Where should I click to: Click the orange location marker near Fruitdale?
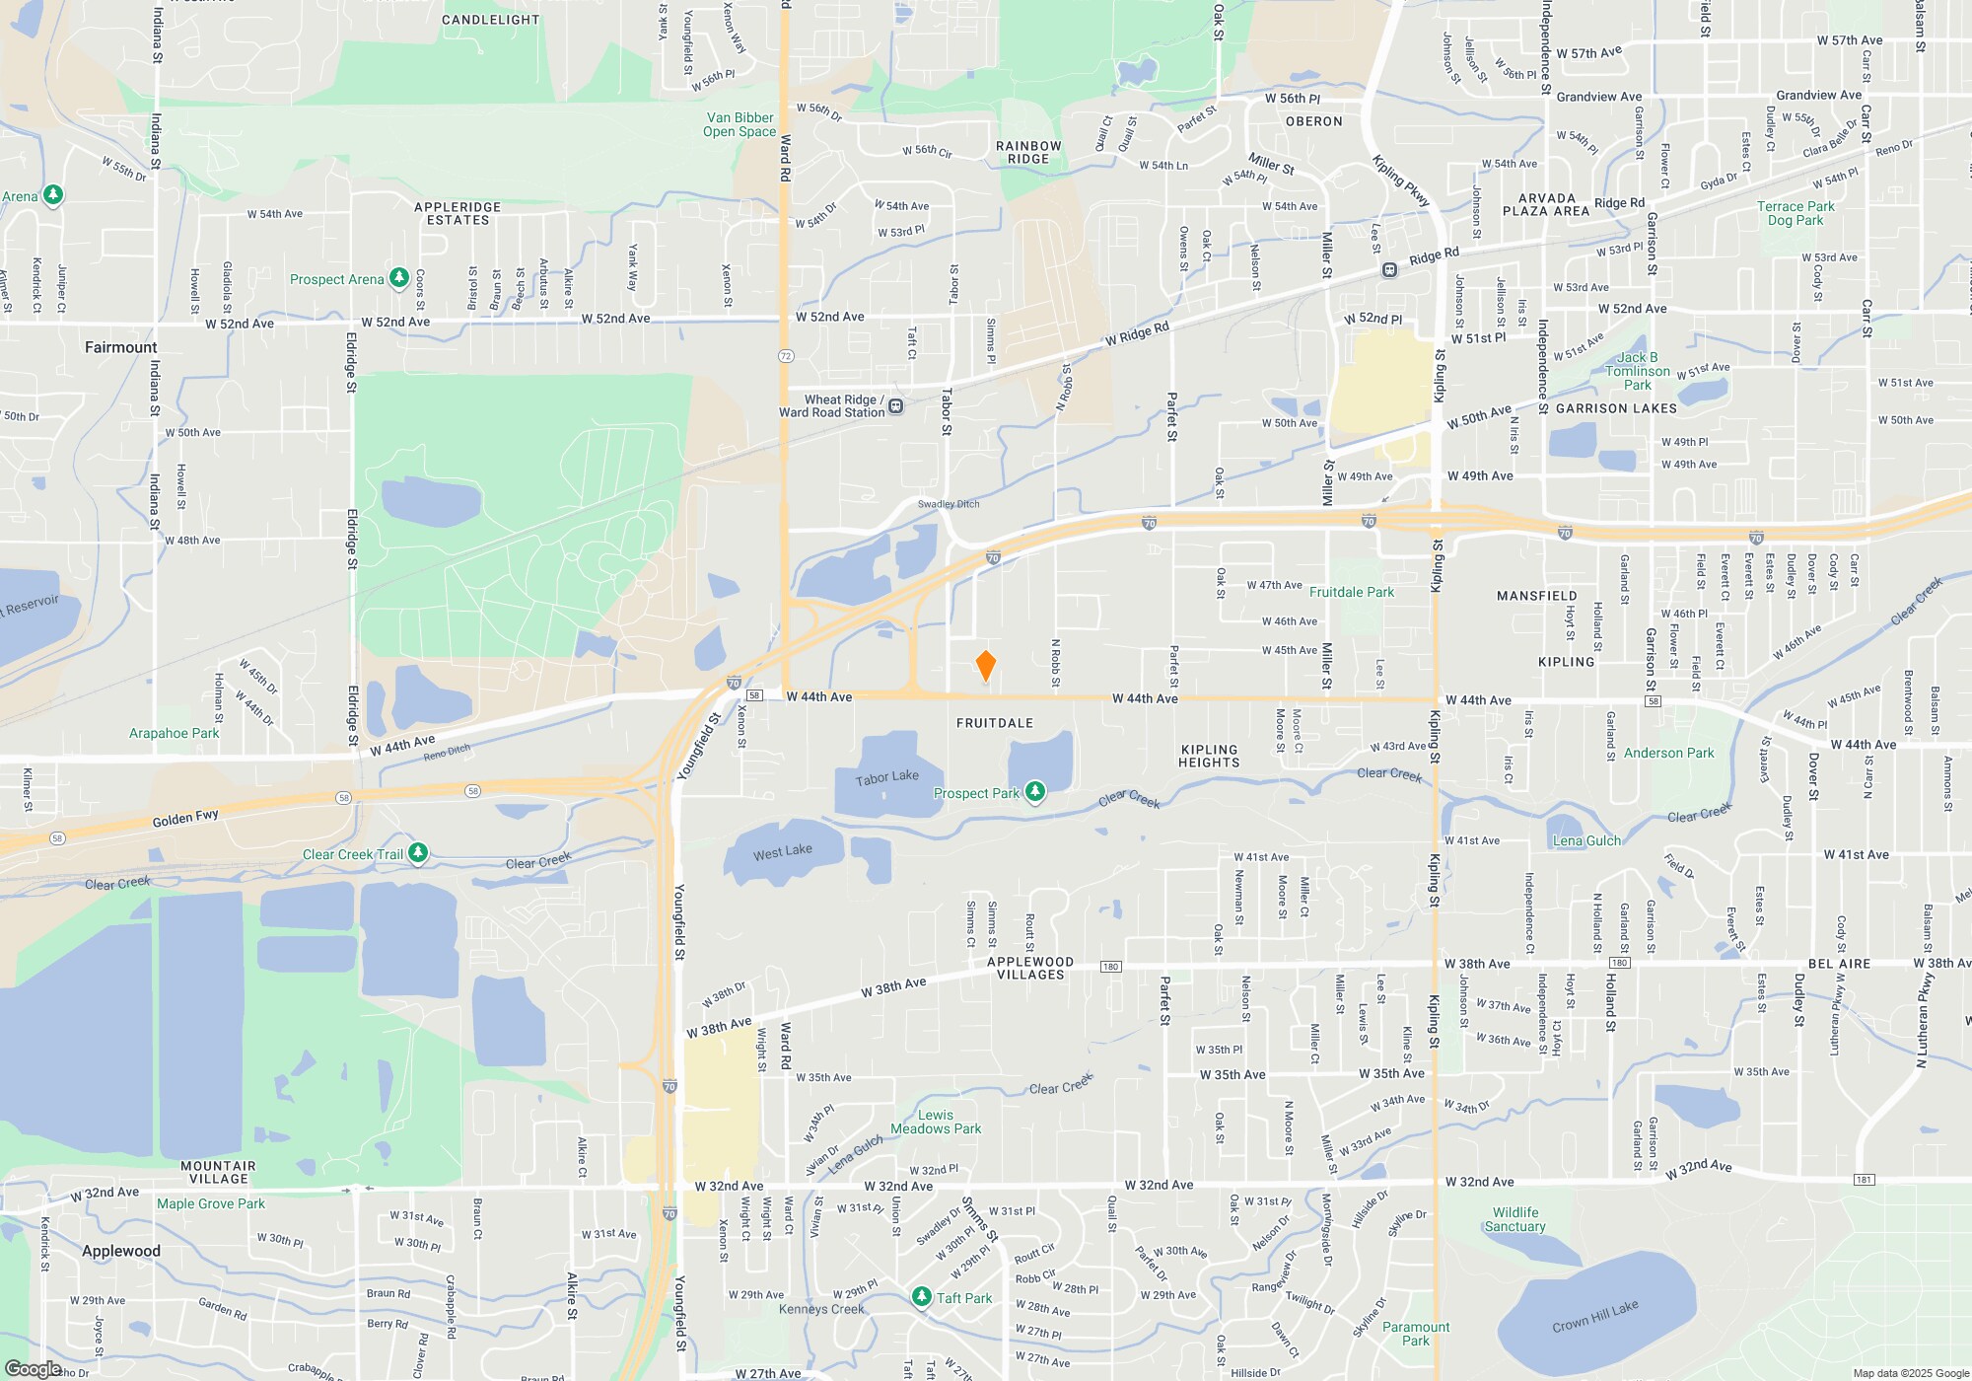[985, 666]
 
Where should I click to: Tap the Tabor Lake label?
[886, 777]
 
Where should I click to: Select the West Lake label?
[783, 851]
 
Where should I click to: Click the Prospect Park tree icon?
[1034, 792]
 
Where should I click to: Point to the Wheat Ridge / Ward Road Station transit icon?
[895, 406]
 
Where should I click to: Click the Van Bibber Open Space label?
[739, 124]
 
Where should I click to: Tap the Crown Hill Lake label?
[1594, 1316]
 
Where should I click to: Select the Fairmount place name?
[120, 347]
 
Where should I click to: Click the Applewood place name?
[120, 1251]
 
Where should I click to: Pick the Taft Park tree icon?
[921, 1297]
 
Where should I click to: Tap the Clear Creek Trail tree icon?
[418, 853]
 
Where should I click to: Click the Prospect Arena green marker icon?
[399, 278]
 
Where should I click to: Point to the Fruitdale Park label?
[1351, 592]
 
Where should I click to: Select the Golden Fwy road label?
[185, 818]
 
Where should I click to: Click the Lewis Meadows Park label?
[936, 1122]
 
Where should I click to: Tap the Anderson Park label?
[1668, 753]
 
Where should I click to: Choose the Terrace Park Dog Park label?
[1796, 213]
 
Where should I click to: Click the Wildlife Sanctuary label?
[1514, 1219]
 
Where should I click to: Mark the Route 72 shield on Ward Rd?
[786, 356]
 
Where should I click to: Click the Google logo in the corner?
[33, 1369]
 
